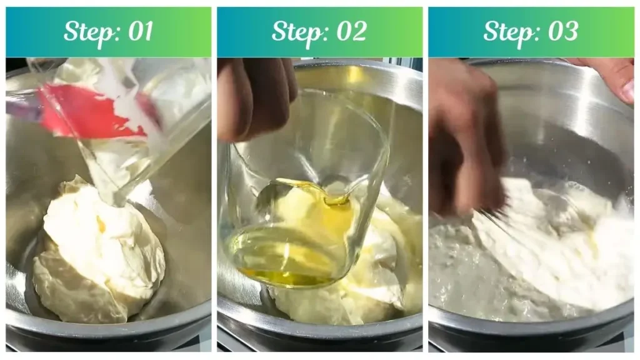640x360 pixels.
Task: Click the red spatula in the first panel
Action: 87,112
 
